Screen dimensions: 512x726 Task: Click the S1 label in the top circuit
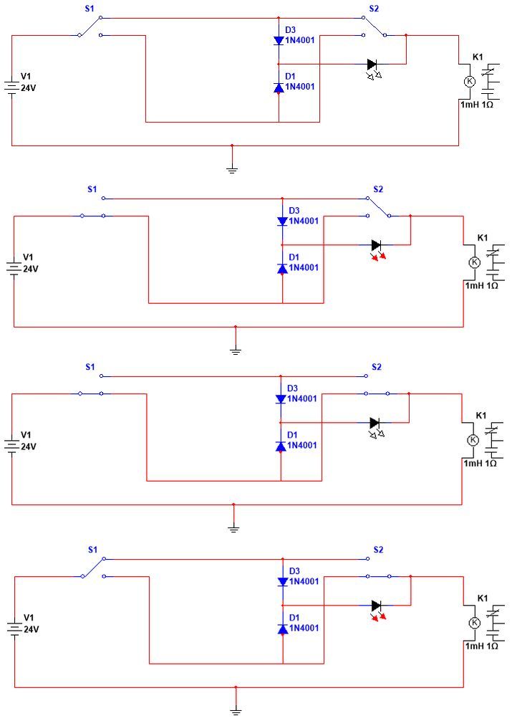(90, 9)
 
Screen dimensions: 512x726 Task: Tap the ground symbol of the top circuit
(232, 169)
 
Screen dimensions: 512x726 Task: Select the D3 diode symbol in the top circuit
(279, 40)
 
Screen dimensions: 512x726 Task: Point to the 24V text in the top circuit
(28, 87)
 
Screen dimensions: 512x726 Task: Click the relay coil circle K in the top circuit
(470, 82)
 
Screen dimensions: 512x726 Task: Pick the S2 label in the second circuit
(378, 189)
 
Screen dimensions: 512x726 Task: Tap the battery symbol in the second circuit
(14, 269)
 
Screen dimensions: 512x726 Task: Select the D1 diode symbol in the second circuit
(283, 268)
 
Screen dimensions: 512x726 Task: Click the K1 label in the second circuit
(483, 237)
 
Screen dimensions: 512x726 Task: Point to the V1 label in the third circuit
(26, 435)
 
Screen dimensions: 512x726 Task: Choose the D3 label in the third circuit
(292, 388)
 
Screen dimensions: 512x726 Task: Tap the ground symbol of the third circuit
(233, 528)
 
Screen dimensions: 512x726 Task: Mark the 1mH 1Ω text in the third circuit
(480, 463)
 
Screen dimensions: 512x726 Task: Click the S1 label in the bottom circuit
(92, 550)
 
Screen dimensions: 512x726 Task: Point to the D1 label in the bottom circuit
(294, 617)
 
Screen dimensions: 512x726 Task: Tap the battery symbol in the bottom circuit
(14, 629)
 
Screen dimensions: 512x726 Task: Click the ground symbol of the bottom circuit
(236, 711)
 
